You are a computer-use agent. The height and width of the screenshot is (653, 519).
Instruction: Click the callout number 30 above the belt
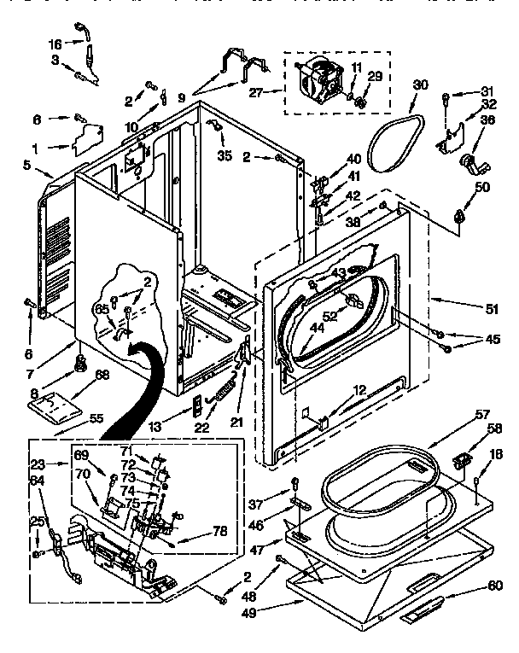[420, 85]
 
